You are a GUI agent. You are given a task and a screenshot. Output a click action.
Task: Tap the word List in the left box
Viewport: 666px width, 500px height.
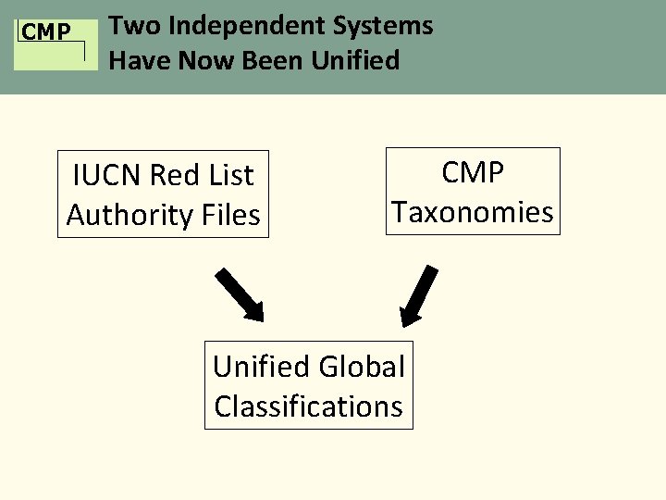(229, 174)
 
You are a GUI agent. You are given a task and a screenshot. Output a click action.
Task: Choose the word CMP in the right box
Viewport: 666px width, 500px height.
(472, 171)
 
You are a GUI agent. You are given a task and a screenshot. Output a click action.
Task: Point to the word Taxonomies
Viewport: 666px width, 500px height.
(472, 212)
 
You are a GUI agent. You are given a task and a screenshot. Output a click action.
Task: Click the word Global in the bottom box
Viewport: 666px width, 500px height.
(364, 367)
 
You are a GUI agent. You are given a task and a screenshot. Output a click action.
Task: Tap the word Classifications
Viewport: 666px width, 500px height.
(308, 406)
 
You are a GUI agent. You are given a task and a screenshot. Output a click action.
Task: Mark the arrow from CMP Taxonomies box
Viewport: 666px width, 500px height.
(419, 295)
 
